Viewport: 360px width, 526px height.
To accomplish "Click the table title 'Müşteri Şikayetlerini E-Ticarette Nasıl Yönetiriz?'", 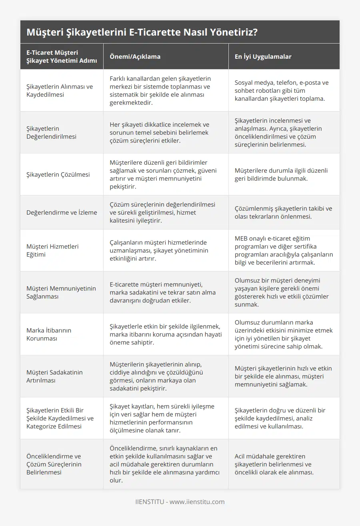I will [x=142, y=32].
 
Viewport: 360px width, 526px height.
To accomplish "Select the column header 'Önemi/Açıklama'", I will [x=135, y=56].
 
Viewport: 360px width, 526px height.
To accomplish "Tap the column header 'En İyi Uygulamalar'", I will [x=263, y=56].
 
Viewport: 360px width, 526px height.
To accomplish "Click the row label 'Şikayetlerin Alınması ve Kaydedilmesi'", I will [x=60, y=90].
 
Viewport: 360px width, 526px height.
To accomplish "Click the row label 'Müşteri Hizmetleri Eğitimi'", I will [x=52, y=250].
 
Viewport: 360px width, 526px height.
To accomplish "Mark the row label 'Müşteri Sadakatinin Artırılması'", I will [x=54, y=376].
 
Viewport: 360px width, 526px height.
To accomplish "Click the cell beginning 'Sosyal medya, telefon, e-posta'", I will [x=282, y=90].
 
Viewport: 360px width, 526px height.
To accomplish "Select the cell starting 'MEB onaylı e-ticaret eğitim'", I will [x=284, y=250].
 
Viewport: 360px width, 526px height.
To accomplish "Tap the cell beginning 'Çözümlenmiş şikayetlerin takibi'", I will [x=283, y=212].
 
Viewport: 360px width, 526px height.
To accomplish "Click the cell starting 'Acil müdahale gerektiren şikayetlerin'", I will [x=274, y=464].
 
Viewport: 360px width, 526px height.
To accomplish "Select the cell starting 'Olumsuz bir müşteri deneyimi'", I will [x=282, y=292].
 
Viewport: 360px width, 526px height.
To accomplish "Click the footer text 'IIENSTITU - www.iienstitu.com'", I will [x=180, y=502].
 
